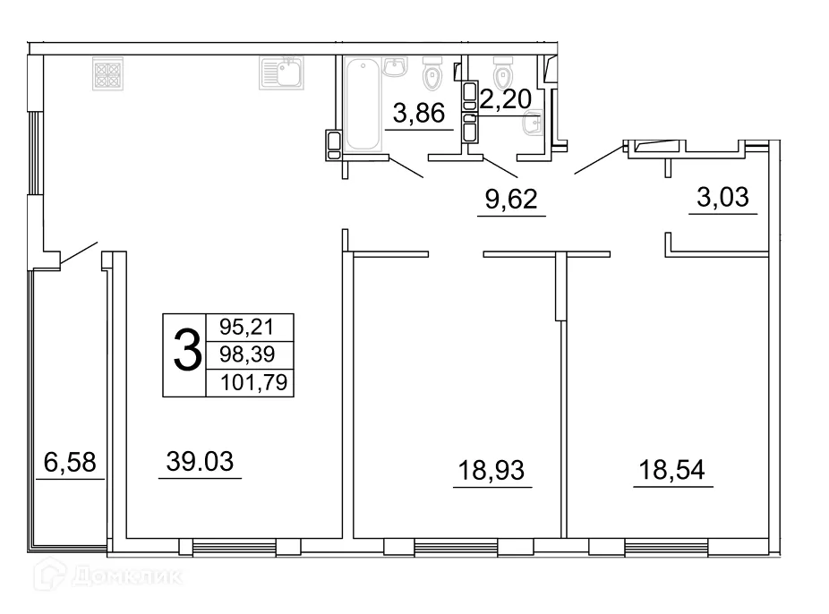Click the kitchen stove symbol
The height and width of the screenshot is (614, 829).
coord(108,73)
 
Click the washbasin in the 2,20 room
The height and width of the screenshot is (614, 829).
coord(534,125)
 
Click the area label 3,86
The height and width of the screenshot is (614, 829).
coord(419,113)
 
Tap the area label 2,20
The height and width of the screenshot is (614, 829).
coord(507,99)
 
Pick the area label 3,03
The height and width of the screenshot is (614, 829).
coord(722,197)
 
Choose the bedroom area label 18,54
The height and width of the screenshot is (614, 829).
coord(672,468)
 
